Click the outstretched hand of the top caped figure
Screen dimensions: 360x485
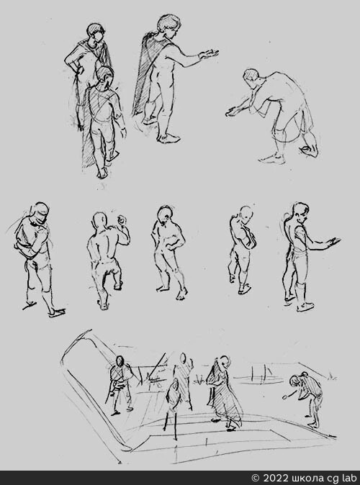pos(209,54)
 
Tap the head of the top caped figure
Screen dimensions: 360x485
pos(168,24)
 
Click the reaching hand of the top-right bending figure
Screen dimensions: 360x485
pos(233,112)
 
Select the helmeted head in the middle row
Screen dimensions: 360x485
pos(40,212)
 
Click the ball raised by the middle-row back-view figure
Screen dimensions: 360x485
pos(121,220)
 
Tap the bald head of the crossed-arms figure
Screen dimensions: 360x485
pos(246,214)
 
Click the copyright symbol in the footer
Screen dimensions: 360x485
pos(256,478)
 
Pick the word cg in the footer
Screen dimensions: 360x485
pos(330,479)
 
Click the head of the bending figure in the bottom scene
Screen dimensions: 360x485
pos(294,381)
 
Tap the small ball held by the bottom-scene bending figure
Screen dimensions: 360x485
pos(284,396)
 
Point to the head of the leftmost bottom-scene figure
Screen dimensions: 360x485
pos(120,361)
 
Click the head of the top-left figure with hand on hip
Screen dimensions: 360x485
pos(96,33)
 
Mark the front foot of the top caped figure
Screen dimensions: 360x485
pos(168,138)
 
